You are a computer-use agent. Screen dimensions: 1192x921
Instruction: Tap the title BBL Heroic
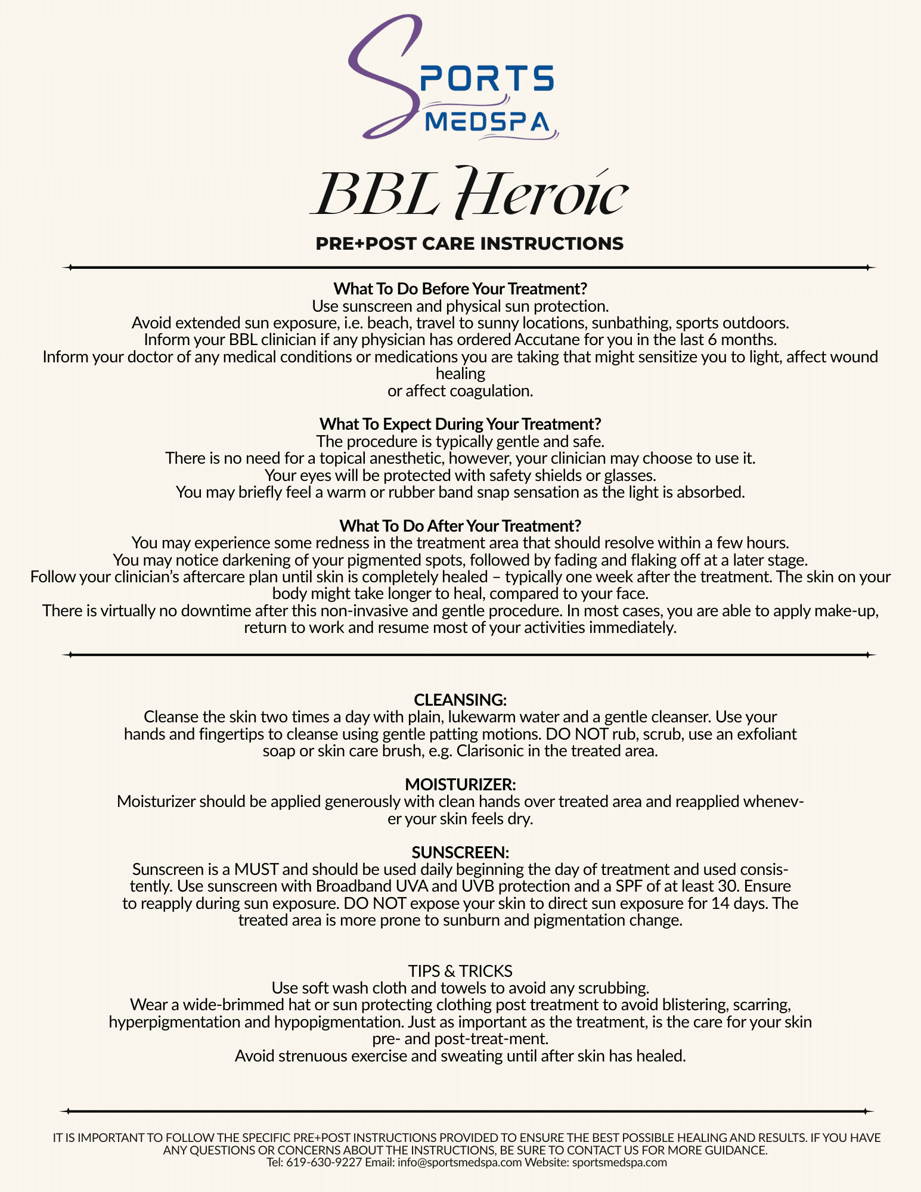point(469,193)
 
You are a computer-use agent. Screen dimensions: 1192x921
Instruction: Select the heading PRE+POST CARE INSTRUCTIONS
point(469,244)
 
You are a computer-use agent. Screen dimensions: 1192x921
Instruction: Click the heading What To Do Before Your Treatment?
point(460,289)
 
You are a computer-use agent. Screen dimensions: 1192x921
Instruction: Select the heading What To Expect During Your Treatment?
point(460,424)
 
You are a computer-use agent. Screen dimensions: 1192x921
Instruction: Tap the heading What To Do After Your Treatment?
point(460,526)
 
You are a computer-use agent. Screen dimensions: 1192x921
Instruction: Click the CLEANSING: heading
point(460,700)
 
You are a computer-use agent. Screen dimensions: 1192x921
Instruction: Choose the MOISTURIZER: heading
point(460,784)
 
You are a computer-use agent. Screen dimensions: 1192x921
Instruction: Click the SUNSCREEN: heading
point(460,852)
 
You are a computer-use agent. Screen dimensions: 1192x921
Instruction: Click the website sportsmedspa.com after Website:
point(619,1162)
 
